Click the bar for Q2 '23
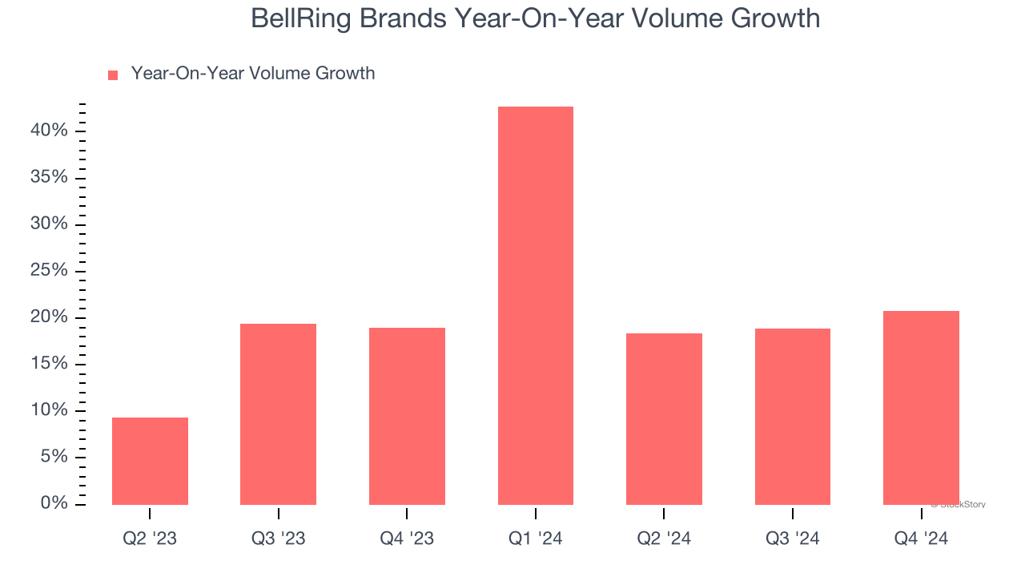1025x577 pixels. click(x=150, y=461)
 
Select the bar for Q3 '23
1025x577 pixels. click(x=278, y=414)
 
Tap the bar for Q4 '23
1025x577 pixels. click(x=407, y=416)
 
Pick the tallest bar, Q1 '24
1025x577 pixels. click(x=535, y=305)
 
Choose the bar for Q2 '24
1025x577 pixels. click(x=664, y=418)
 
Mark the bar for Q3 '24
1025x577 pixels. click(x=792, y=416)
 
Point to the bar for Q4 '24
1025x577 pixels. click(x=921, y=407)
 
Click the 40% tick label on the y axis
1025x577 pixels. click(x=49, y=130)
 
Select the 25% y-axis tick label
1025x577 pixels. click(x=49, y=270)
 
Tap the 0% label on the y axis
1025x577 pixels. click(x=54, y=503)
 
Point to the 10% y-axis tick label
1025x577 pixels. click(x=49, y=410)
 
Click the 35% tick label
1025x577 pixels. click(x=49, y=176)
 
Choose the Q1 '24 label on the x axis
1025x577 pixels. click(x=535, y=539)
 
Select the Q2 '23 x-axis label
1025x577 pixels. click(x=150, y=539)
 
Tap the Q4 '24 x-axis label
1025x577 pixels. click(x=921, y=539)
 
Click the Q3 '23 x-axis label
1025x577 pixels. click(x=278, y=539)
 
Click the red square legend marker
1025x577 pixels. click(x=113, y=75)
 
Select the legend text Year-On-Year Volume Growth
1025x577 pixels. click(x=252, y=74)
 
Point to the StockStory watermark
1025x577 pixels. click(x=959, y=505)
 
